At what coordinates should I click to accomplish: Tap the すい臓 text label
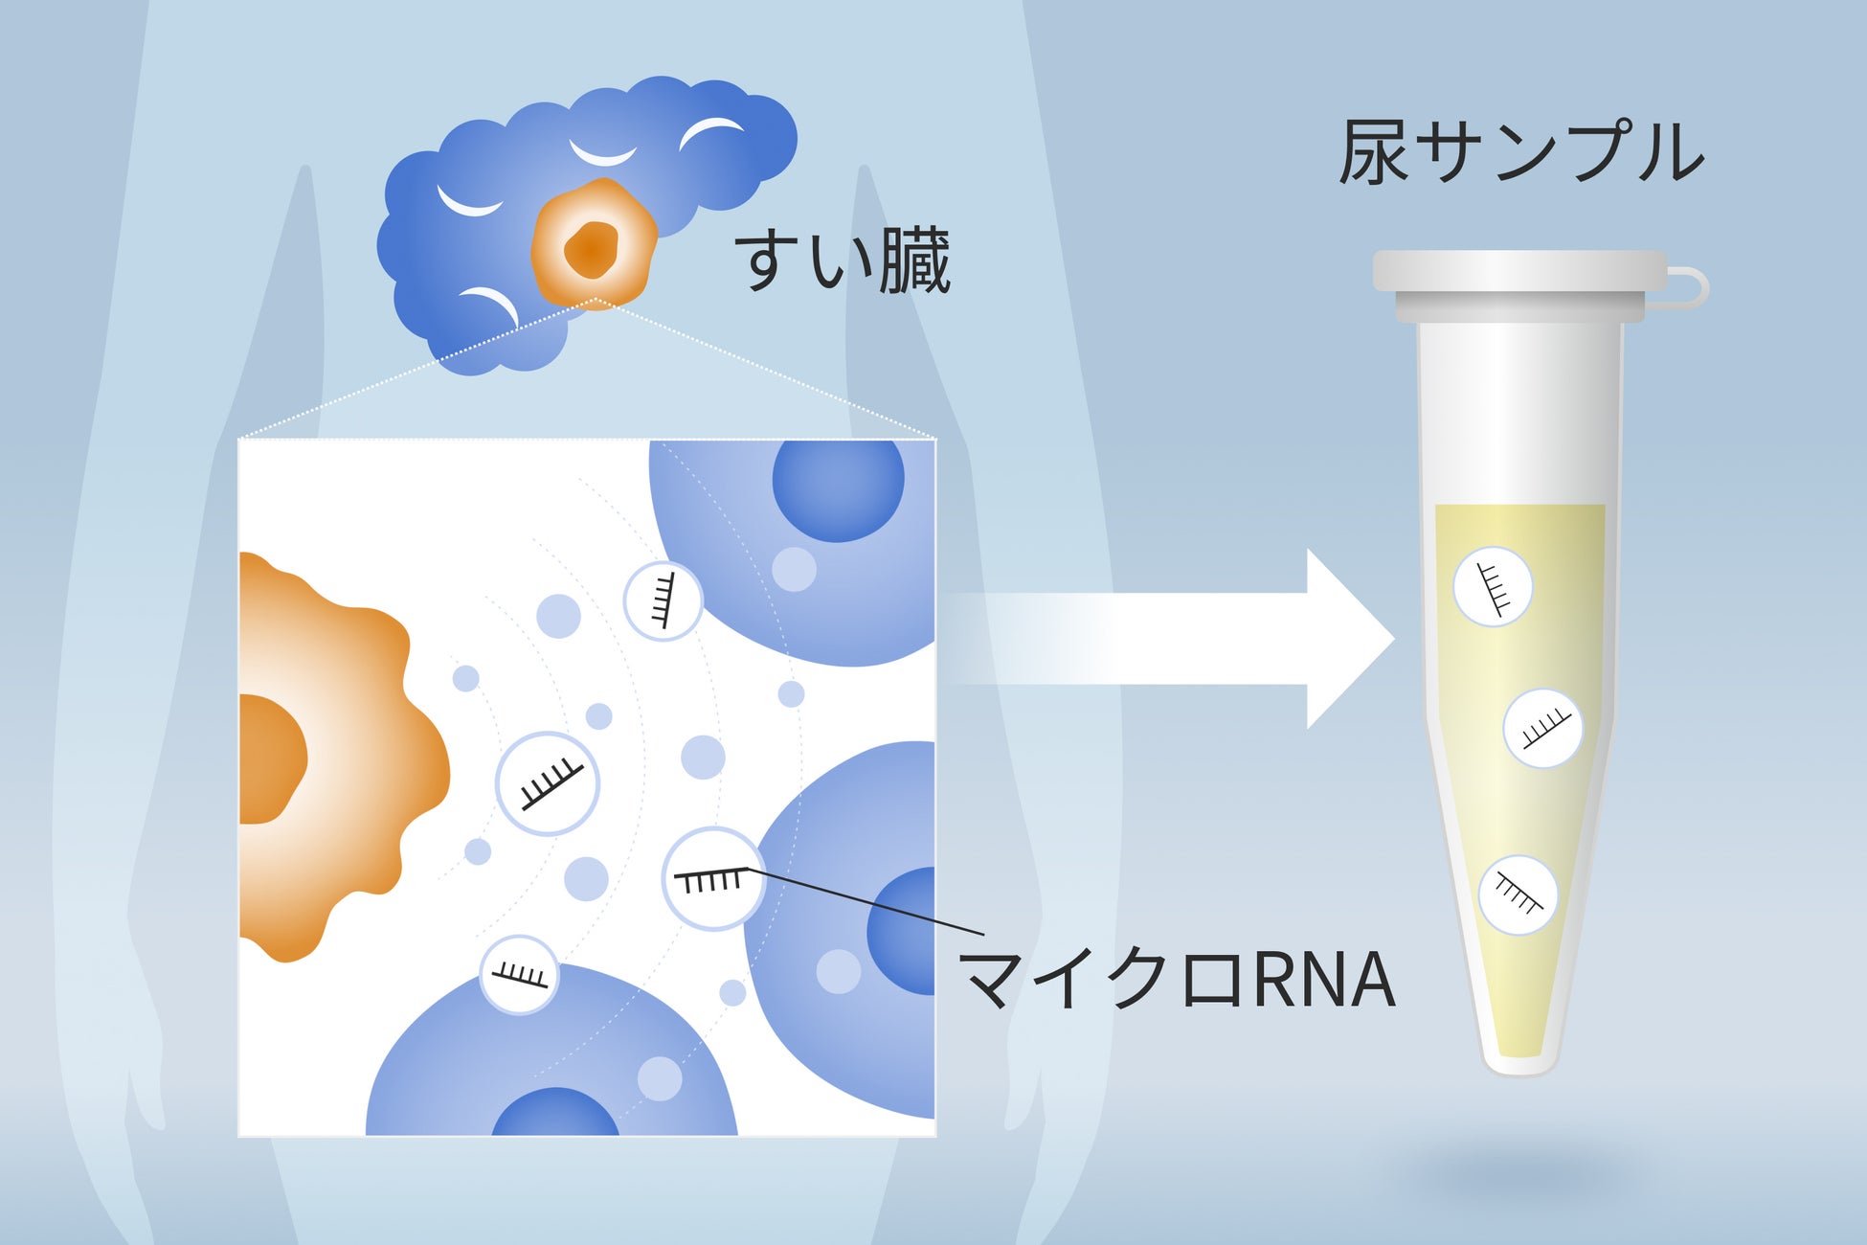pos(843,260)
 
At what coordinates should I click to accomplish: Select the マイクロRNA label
pos(1178,980)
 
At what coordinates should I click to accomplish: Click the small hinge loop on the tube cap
pos(1690,288)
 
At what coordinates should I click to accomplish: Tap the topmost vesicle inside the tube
pos(1492,587)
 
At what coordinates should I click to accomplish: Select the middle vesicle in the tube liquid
pos(1542,728)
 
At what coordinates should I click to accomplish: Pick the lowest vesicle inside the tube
pos(1518,895)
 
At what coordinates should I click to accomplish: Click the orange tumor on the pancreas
pos(594,245)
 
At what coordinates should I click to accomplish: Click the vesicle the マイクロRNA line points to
pos(712,879)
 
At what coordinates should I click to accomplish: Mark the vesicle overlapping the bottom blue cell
pos(519,974)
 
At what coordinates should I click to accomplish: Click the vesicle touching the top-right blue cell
pos(663,600)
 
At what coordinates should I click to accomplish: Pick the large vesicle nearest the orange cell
pos(547,783)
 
